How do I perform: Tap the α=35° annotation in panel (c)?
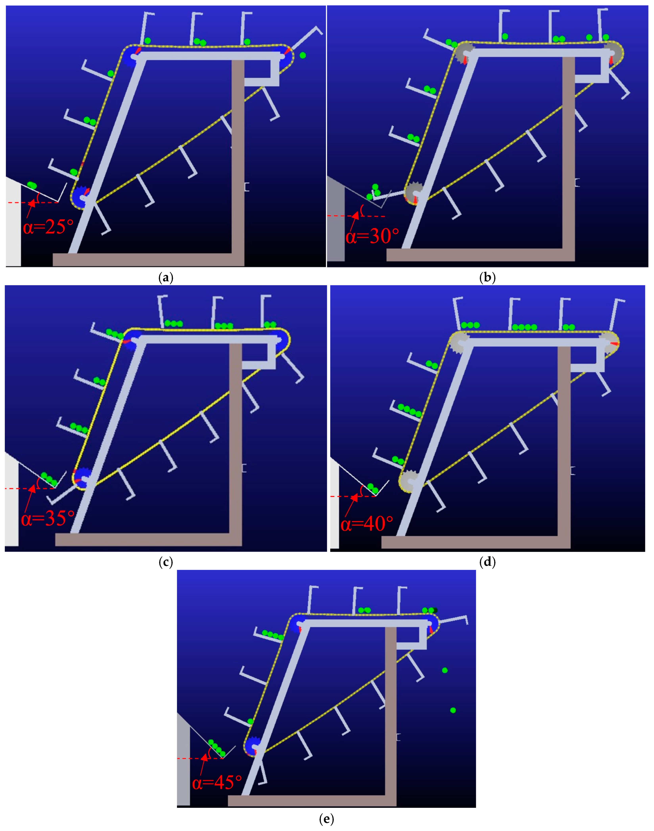48,518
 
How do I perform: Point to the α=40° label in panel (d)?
367,523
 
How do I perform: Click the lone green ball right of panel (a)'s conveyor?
303,55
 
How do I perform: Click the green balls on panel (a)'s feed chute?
32,185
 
